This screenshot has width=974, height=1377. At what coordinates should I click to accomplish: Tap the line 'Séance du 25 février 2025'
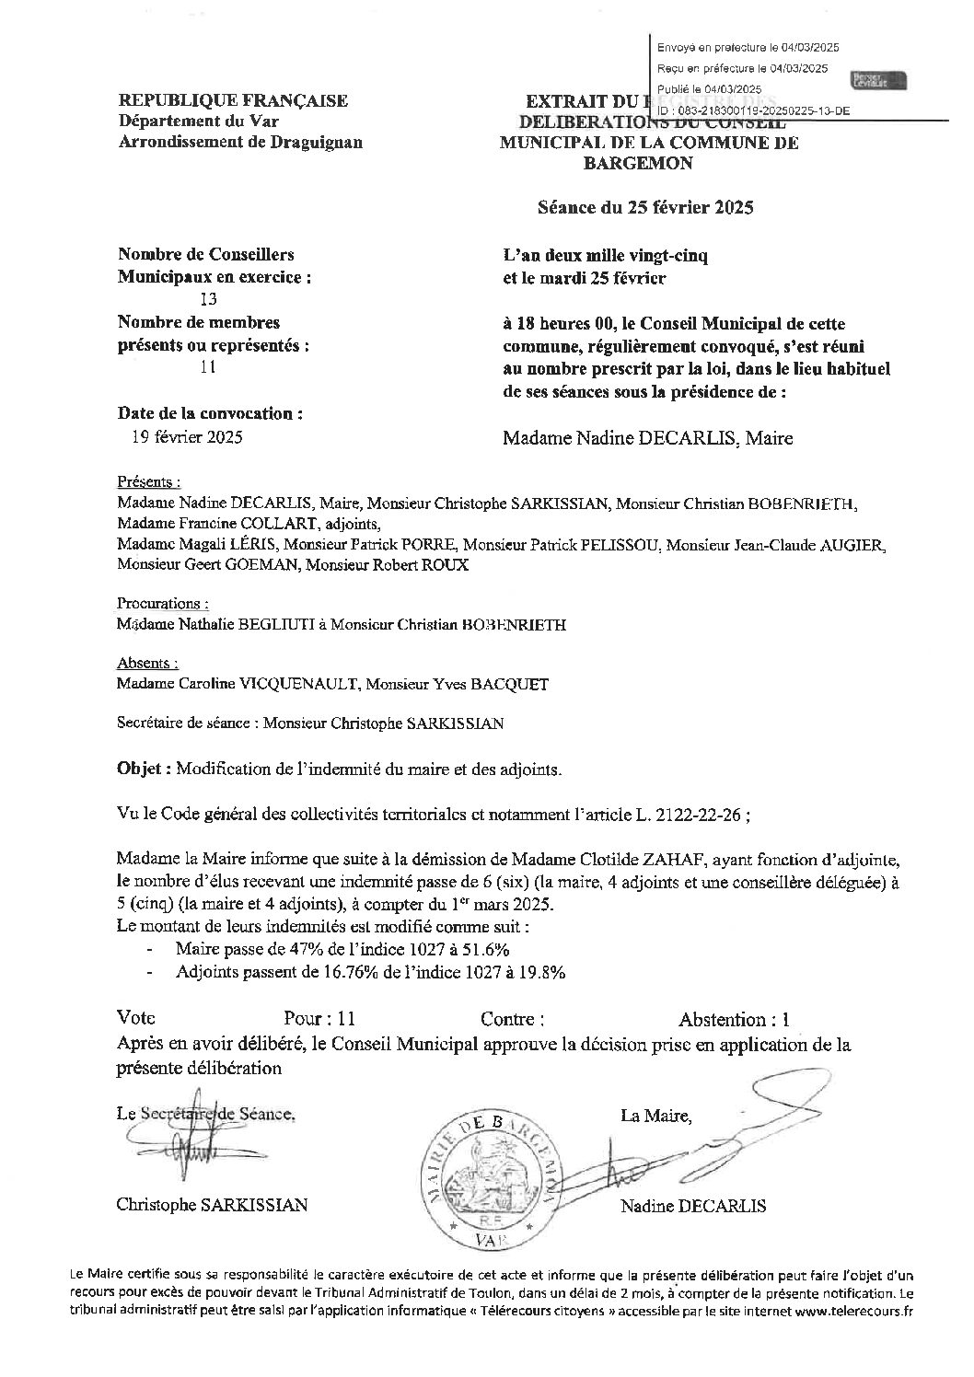tap(645, 207)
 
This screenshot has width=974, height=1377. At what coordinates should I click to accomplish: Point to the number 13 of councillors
tap(208, 298)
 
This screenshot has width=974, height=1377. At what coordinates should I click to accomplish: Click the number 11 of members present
tap(207, 367)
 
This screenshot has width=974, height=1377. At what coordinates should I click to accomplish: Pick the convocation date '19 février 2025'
tap(188, 437)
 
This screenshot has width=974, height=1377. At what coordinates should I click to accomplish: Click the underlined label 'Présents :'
tap(148, 481)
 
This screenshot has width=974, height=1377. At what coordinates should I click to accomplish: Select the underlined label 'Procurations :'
tap(163, 604)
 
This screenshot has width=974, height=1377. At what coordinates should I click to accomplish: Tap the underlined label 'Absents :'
tap(147, 663)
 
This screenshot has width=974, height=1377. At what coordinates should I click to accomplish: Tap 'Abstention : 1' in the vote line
tap(733, 1019)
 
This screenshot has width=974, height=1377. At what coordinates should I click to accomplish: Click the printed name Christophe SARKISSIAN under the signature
tap(212, 1205)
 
